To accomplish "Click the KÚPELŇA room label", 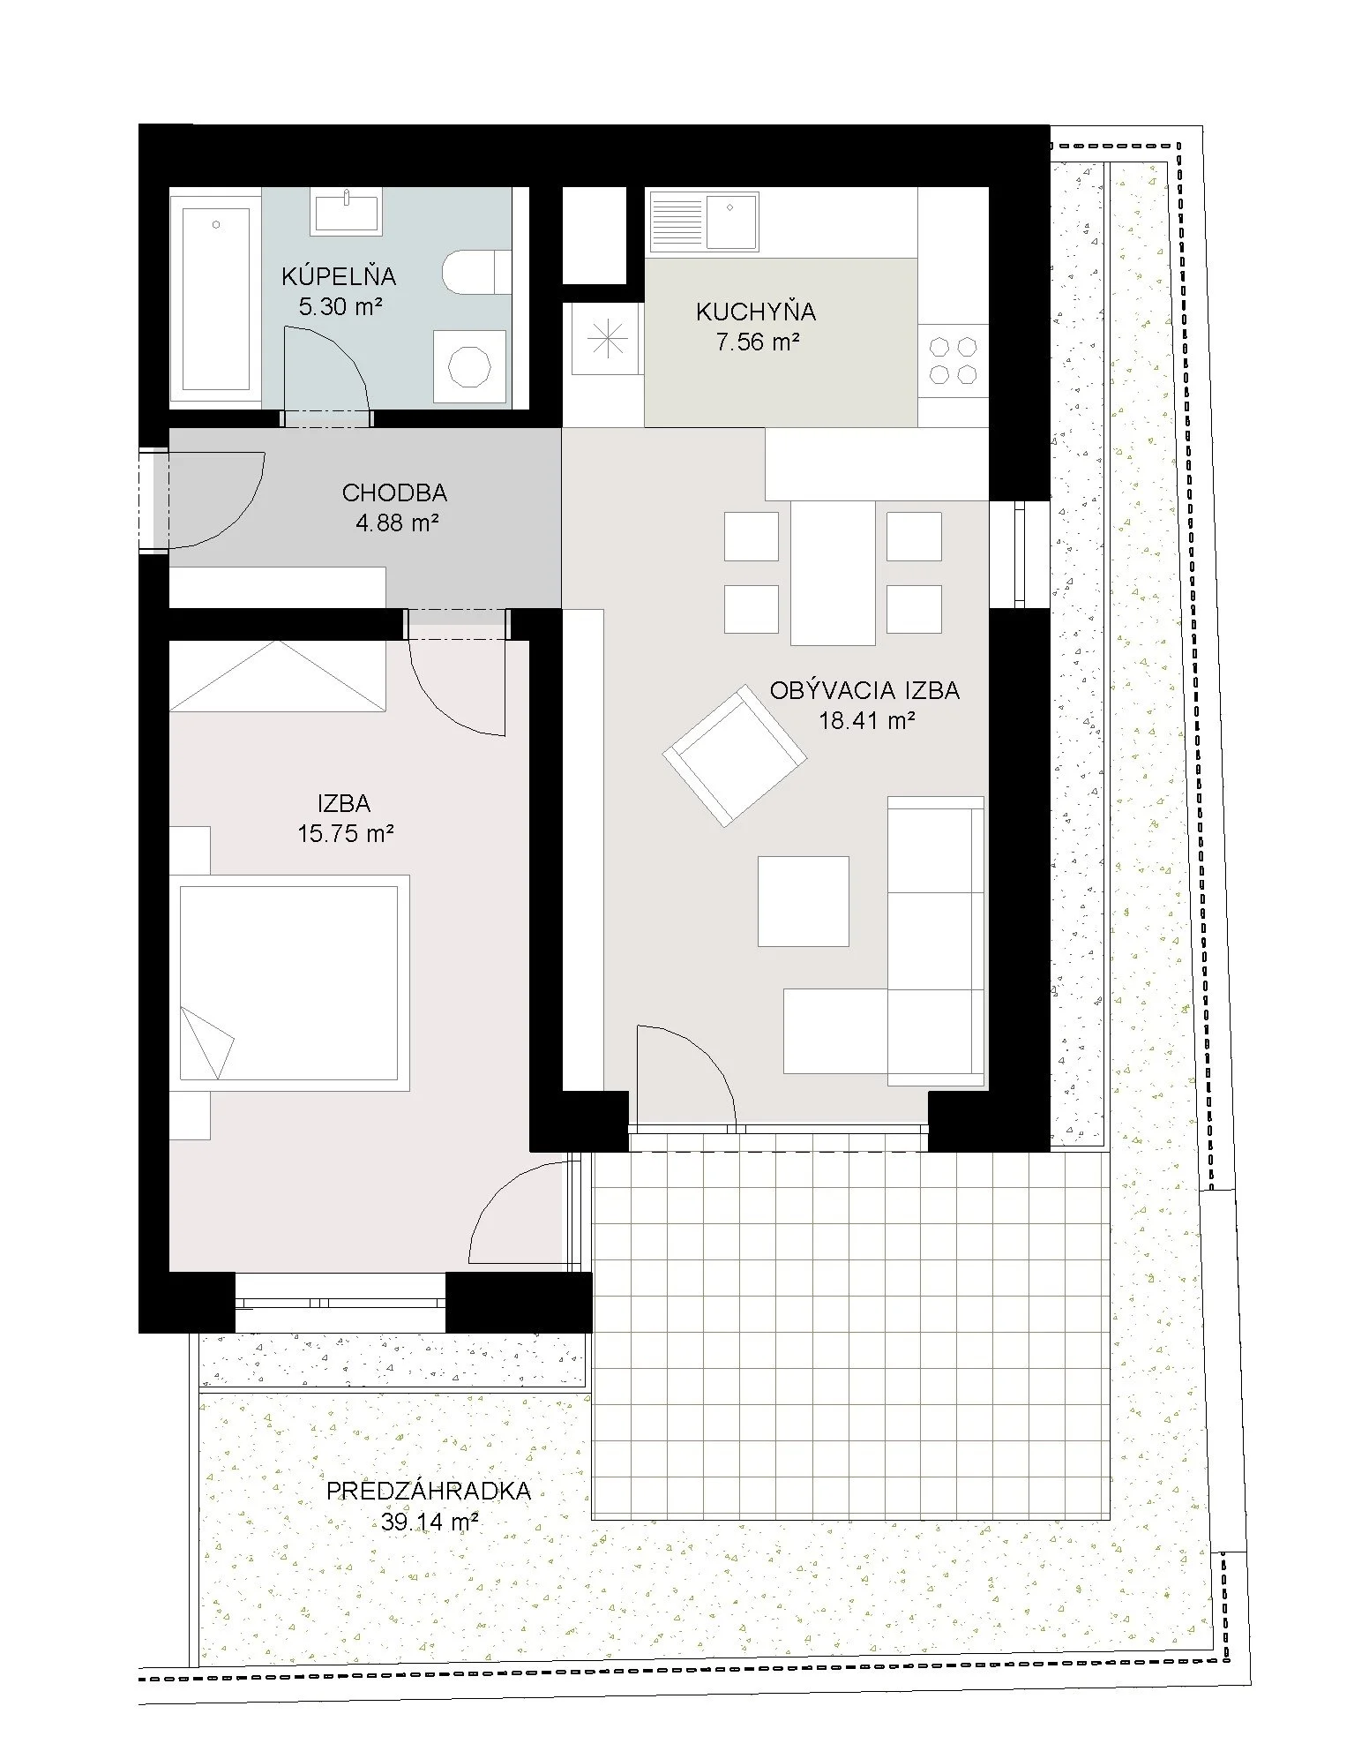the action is pyautogui.click(x=339, y=276).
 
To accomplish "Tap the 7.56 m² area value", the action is pyautogui.click(x=758, y=342).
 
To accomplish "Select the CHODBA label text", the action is pyautogui.click(x=394, y=492).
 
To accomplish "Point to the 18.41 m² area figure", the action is pyautogui.click(x=866, y=720).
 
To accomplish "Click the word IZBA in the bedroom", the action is pyautogui.click(x=344, y=803).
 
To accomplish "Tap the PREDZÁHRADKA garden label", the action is pyautogui.click(x=429, y=1491).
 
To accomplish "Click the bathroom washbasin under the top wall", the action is pyautogui.click(x=347, y=212).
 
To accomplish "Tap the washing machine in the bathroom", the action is pyautogui.click(x=469, y=368).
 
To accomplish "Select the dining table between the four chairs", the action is pyautogui.click(x=833, y=572).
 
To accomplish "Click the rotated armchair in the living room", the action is pyautogui.click(x=735, y=756).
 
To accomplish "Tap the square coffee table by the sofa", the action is pyautogui.click(x=804, y=901).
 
